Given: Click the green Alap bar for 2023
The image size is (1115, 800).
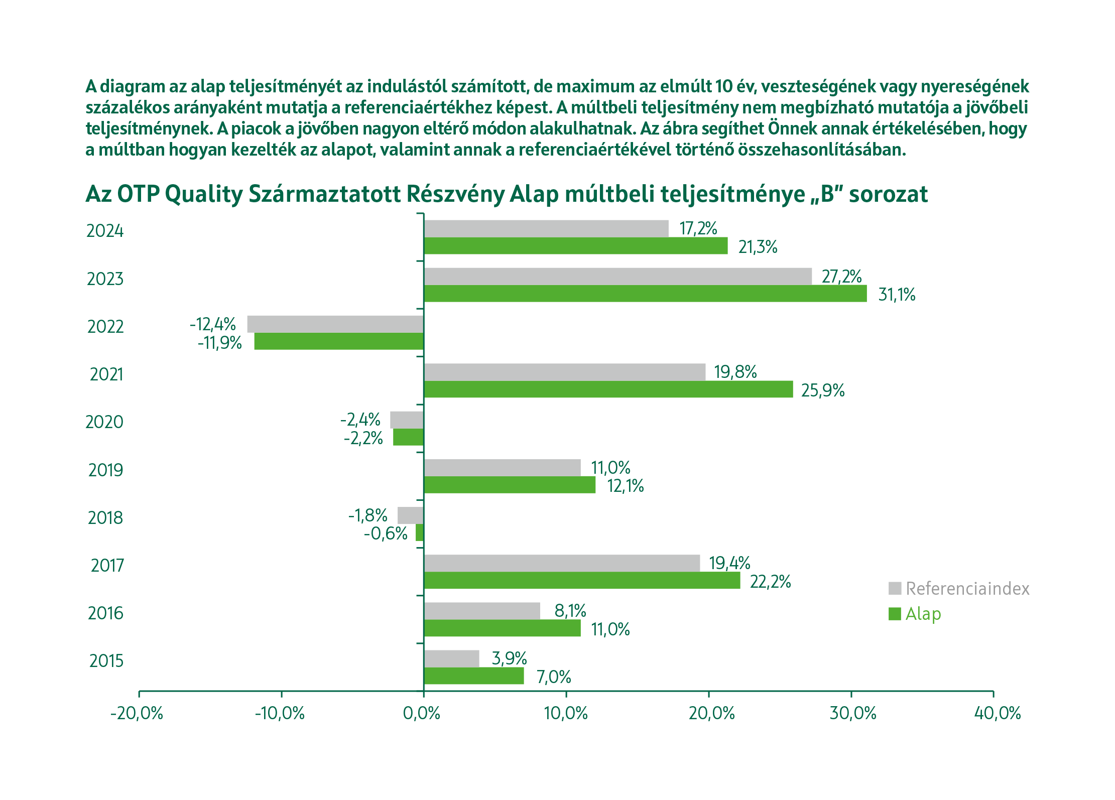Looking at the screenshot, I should click(x=645, y=294).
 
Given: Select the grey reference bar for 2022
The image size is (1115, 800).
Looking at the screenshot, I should click(x=335, y=324).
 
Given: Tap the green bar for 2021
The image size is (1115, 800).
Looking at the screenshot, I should click(x=608, y=389).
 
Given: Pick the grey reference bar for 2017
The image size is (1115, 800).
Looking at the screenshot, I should click(x=562, y=563).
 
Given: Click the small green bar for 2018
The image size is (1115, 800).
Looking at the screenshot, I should click(x=420, y=532).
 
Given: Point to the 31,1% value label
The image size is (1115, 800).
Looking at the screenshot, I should click(x=897, y=295).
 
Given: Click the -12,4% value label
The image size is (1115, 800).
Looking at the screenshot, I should click(x=213, y=324).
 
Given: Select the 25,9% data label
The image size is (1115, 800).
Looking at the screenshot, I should click(x=823, y=390).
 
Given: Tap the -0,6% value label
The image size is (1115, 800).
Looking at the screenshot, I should click(x=386, y=534).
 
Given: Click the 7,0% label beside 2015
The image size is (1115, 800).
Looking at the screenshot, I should click(x=554, y=677).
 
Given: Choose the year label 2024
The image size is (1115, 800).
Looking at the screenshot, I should click(x=105, y=231).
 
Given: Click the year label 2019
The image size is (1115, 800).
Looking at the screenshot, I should click(x=105, y=470).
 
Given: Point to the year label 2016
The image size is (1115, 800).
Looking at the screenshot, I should click(x=105, y=613).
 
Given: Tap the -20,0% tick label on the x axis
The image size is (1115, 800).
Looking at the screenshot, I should click(x=137, y=713).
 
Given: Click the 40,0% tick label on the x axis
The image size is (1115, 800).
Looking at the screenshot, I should click(x=998, y=713).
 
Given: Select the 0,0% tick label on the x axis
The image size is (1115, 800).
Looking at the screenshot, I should click(x=422, y=713).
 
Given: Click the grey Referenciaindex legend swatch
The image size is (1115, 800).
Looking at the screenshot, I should click(x=895, y=588).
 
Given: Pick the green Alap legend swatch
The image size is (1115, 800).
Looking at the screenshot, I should click(x=895, y=614).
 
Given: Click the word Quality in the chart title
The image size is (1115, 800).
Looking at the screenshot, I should click(x=204, y=195).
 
